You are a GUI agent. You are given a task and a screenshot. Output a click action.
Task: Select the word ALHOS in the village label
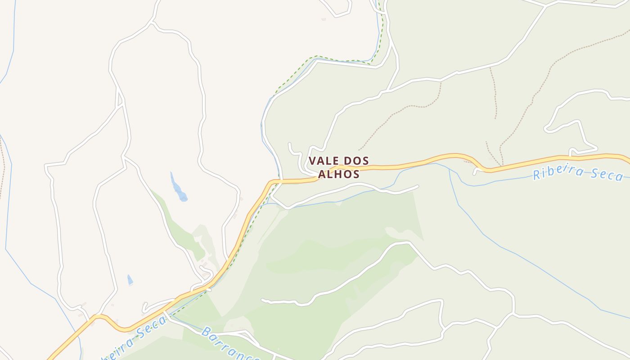coord(339,174)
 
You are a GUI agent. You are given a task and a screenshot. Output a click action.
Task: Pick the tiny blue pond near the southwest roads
coord(130,280)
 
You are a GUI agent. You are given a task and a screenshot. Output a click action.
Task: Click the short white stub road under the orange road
coord(476,171)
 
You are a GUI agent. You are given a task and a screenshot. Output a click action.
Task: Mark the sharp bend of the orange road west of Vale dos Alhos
coord(271,182)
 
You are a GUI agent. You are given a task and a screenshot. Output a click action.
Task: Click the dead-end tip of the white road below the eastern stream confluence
coord(418,186)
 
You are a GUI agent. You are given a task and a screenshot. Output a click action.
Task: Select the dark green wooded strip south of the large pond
coord(180,229)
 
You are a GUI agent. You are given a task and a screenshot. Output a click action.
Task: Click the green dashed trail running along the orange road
coord(243,243)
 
